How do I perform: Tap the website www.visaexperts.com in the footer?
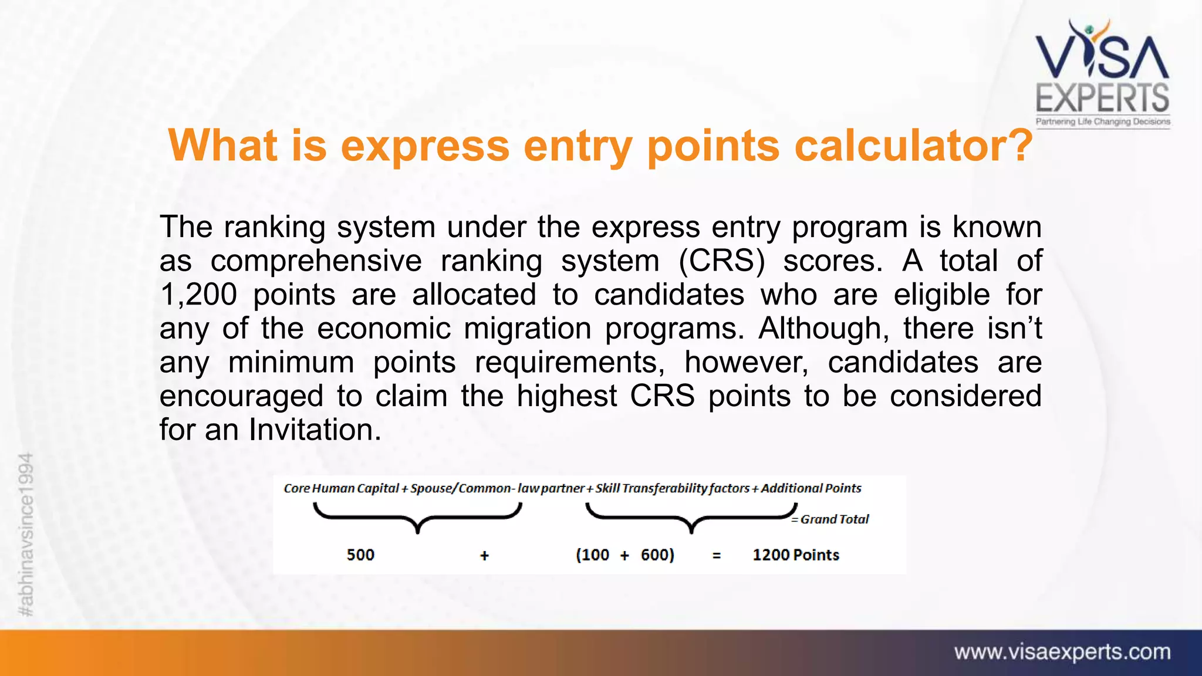click(1062, 652)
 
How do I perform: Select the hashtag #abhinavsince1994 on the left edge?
click(26, 534)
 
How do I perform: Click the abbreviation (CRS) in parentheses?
click(721, 261)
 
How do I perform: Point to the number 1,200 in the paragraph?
click(198, 295)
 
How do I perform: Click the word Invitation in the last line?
click(311, 430)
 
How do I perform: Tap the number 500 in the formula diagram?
click(360, 555)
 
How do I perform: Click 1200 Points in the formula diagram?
click(795, 555)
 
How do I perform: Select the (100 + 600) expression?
click(624, 555)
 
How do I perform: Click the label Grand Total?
click(833, 519)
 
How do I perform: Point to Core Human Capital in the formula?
click(341, 488)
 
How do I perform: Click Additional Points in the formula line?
click(811, 488)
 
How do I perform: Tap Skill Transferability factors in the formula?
click(672, 488)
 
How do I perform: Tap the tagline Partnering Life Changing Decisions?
click(1102, 121)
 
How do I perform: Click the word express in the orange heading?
click(425, 146)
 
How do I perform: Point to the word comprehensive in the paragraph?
click(316, 261)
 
